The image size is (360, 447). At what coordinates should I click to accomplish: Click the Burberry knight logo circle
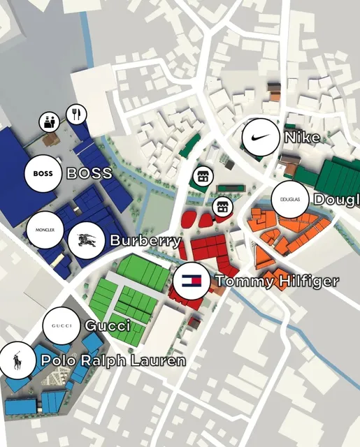pos(88,241)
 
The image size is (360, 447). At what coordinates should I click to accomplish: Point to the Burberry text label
pos(145,241)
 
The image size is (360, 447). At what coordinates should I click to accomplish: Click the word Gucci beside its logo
pos(108,326)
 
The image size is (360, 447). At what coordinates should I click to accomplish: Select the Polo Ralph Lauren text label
pos(113,361)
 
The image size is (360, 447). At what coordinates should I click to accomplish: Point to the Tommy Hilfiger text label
pos(277,281)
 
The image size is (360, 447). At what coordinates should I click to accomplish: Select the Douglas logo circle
pos(289,200)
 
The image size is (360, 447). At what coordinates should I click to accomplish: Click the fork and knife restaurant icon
pos(76,113)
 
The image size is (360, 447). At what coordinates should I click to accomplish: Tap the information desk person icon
pos(49,122)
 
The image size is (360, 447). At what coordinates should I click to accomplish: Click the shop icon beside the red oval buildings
pos(223,207)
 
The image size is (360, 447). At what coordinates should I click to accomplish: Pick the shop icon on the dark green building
pos(202,176)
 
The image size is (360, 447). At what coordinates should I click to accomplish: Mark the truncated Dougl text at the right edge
pos(337,200)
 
